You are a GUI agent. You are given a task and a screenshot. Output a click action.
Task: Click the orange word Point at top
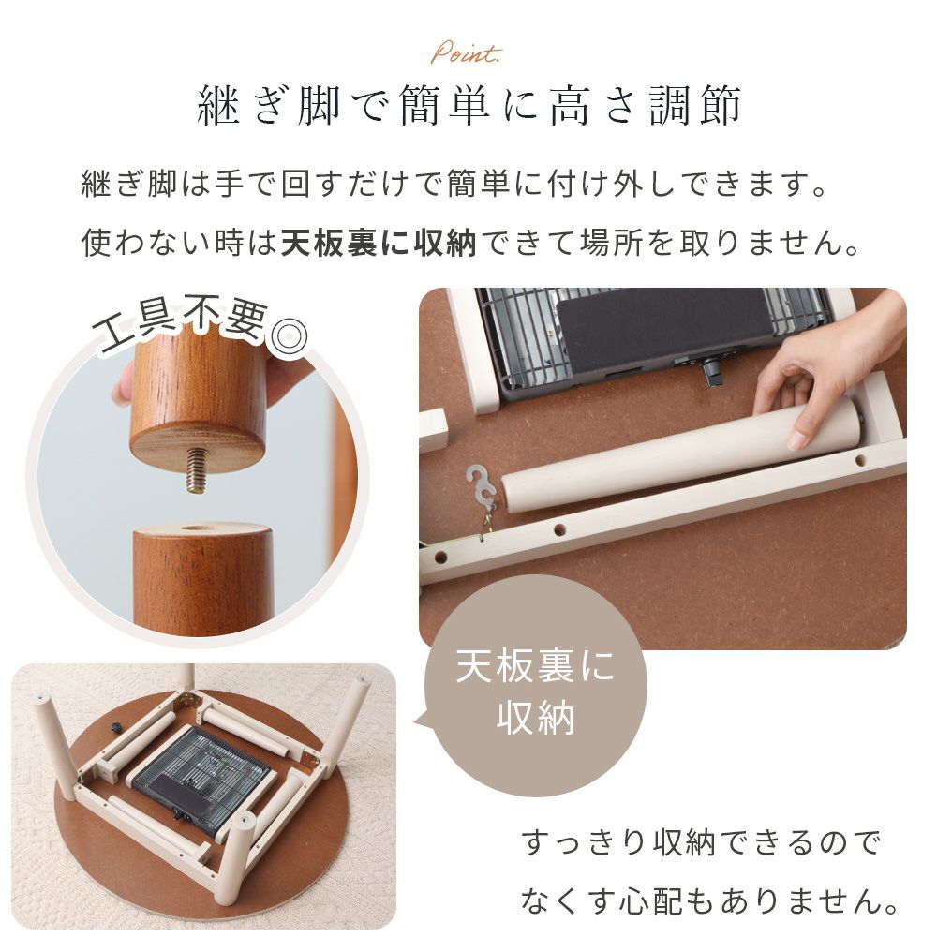coord(466,53)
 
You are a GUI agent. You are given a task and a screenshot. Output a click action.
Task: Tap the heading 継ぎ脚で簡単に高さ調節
coord(469,106)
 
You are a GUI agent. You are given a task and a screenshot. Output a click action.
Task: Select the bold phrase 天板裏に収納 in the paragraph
coord(379,243)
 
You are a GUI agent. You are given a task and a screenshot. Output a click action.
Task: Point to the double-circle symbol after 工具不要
coord(290,335)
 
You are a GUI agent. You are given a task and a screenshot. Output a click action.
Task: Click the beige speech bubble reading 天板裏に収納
coord(535,686)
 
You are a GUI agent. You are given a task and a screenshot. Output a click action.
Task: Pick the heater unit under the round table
coord(204,776)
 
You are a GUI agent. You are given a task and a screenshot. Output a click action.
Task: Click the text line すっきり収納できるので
coord(702,843)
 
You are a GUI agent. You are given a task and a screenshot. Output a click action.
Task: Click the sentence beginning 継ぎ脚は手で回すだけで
coord(454,184)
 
